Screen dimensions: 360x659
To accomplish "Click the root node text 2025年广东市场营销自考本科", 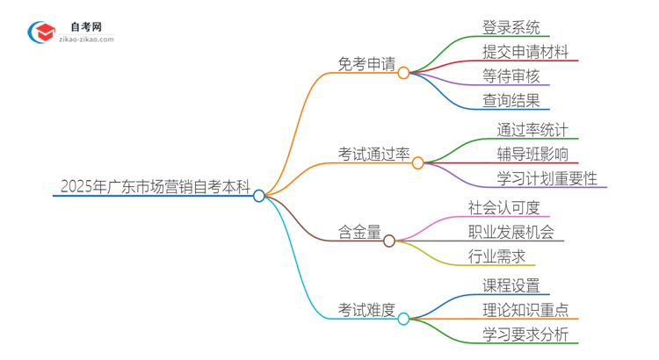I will [x=155, y=187].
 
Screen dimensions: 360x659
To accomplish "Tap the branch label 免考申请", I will [x=366, y=63].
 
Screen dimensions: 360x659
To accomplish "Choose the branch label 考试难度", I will [x=367, y=310].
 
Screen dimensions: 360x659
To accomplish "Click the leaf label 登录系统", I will [x=511, y=26].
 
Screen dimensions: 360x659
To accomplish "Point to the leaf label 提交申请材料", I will [x=525, y=51].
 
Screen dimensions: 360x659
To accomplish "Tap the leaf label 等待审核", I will [x=511, y=76].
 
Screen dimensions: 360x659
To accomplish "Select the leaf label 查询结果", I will [x=511, y=100].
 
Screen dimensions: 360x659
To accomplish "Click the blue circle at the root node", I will [x=259, y=196].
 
